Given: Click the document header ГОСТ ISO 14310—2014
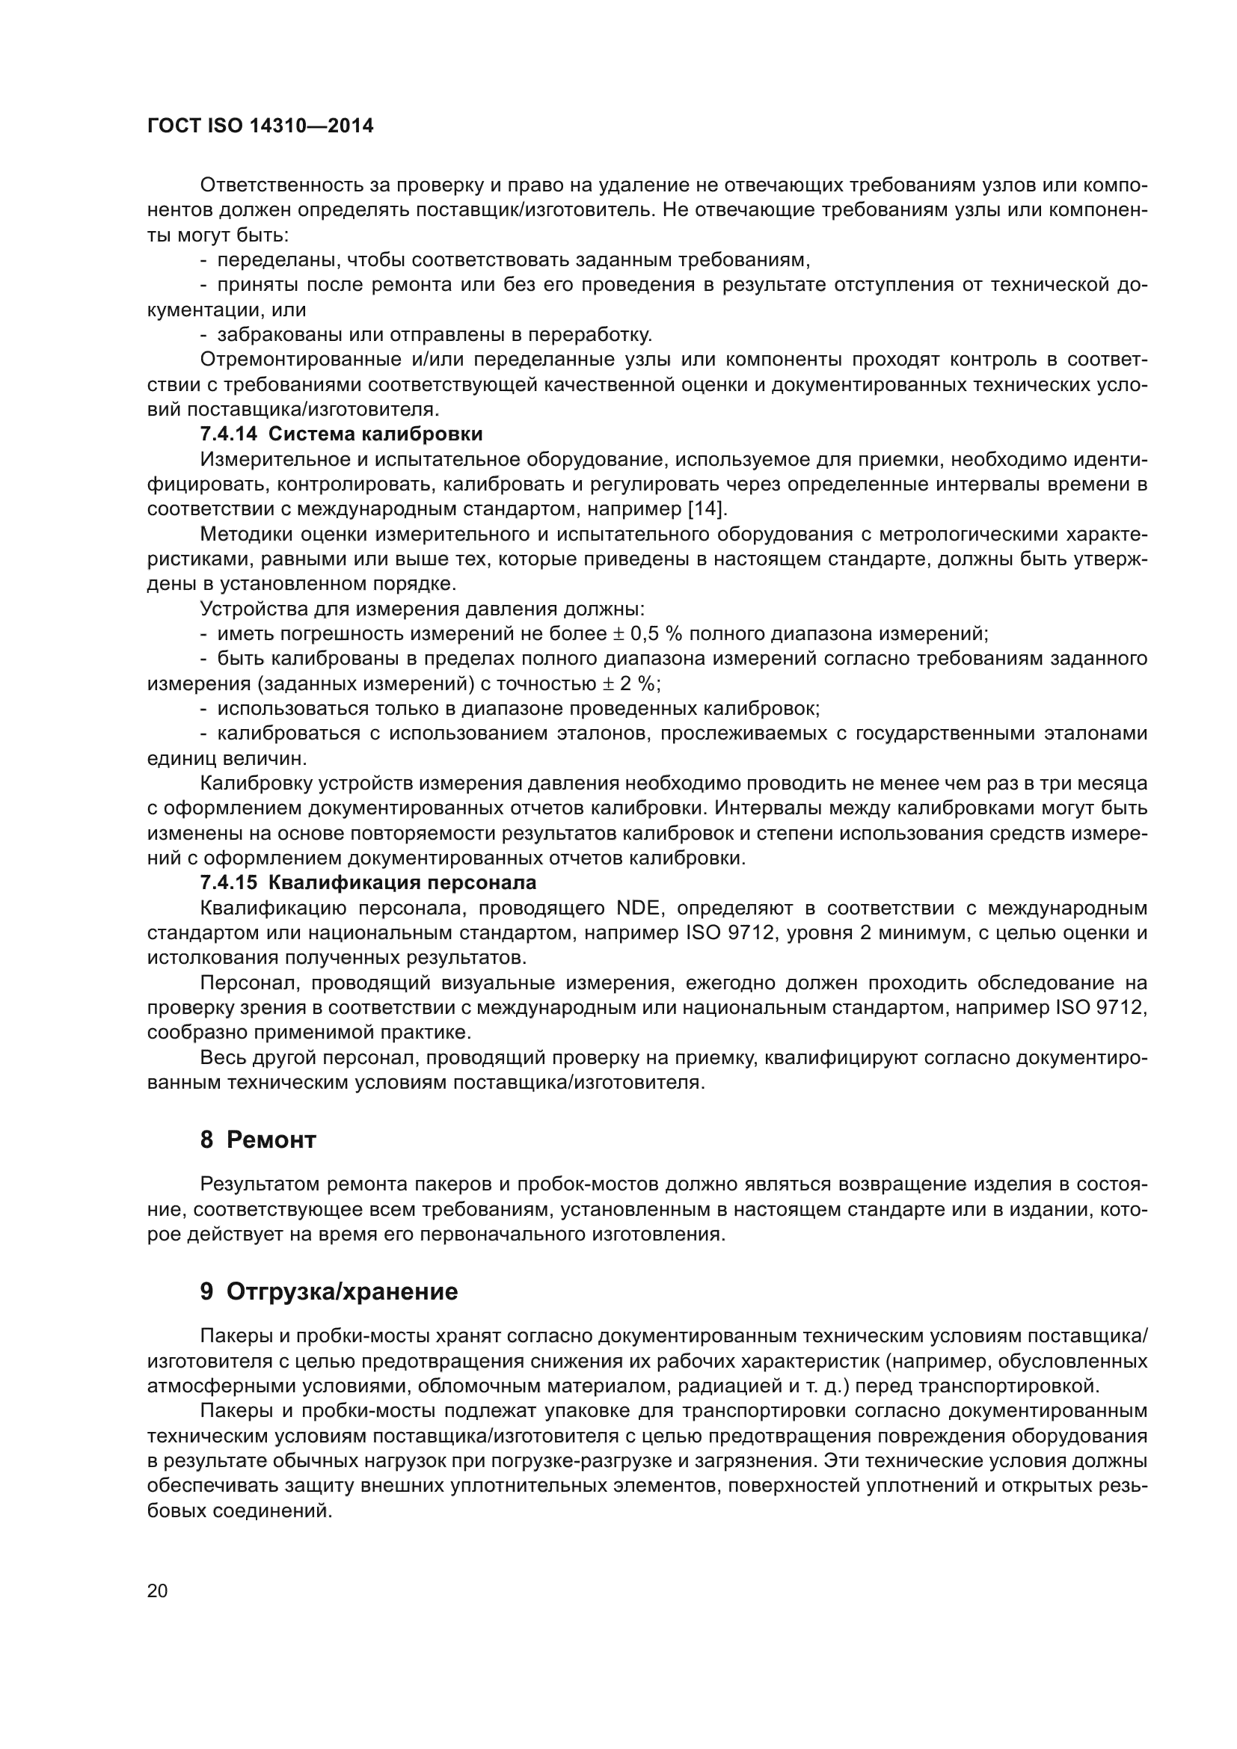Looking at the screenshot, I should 260,126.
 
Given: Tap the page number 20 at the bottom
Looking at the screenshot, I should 157,1591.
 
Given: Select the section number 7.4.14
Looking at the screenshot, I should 230,434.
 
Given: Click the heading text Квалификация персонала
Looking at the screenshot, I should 403,883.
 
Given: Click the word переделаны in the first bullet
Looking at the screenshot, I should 278,259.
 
